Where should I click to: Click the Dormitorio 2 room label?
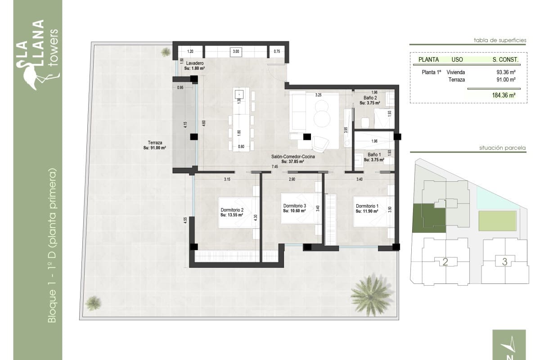[x=232, y=212]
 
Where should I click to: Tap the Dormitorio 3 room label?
[x=295, y=208]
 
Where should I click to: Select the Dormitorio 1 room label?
[x=367, y=208]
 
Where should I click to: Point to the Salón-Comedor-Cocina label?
[x=292, y=159]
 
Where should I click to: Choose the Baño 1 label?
[x=373, y=157]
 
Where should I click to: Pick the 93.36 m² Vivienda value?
[x=505, y=72]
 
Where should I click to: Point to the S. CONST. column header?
[x=505, y=59]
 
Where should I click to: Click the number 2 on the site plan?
[x=445, y=262]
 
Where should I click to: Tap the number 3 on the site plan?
[x=504, y=261]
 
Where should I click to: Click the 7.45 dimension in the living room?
[x=274, y=166]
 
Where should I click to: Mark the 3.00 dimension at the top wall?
[x=236, y=52]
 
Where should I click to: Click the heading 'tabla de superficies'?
[x=499, y=40]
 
